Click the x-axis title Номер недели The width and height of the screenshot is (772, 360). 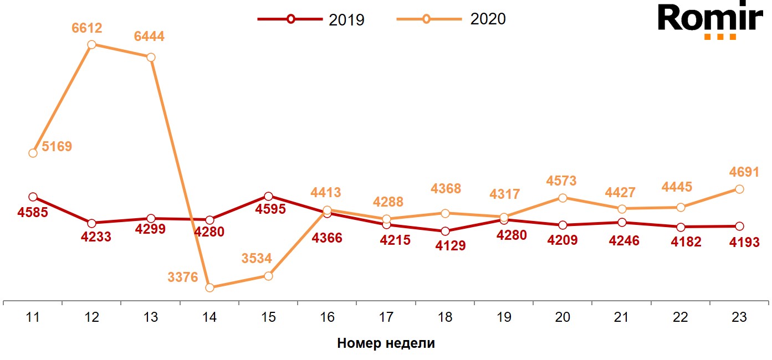pyautogui.click(x=386, y=343)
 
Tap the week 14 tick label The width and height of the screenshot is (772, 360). pyautogui.click(x=209, y=318)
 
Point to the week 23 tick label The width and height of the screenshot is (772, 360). pyautogui.click(x=739, y=318)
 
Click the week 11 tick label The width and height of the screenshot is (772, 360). pyautogui.click(x=33, y=318)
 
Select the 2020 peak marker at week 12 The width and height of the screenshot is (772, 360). pyautogui.click(x=92, y=44)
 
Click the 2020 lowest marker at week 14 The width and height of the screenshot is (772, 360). pyautogui.click(x=209, y=287)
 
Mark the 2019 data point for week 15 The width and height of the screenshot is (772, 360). pyautogui.click(x=268, y=196)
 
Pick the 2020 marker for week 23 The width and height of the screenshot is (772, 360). pyautogui.click(x=739, y=189)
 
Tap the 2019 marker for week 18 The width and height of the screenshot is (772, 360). pyautogui.click(x=445, y=231)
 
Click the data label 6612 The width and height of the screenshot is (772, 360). pyautogui.click(x=87, y=28)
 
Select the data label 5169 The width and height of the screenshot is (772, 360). pyautogui.click(x=57, y=147)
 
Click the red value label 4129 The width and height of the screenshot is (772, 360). pyautogui.click(x=450, y=246)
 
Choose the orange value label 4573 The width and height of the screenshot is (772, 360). pyautogui.click(x=561, y=181)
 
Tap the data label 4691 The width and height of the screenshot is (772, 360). pyautogui.click(x=743, y=172)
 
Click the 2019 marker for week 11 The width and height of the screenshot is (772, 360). pyautogui.click(x=33, y=197)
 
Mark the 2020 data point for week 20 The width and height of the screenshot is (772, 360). pyautogui.click(x=563, y=198)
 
